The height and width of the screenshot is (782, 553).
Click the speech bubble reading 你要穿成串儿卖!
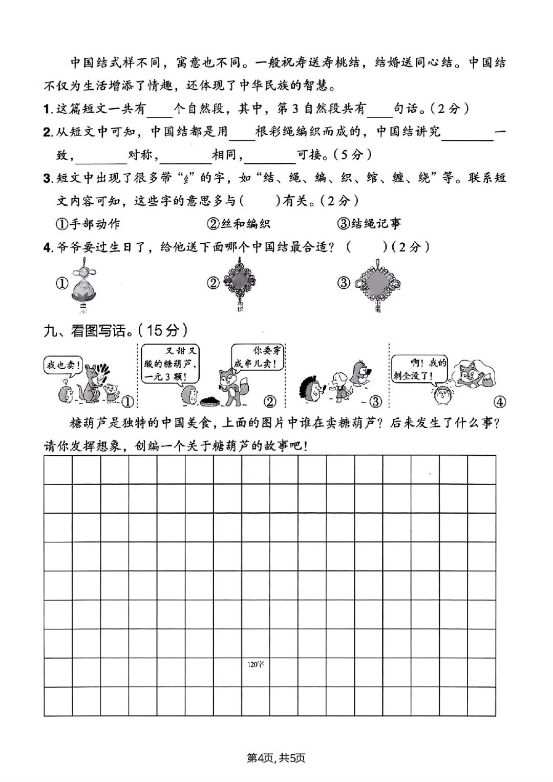[x=258, y=357]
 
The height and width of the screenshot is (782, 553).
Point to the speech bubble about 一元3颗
[x=169, y=363]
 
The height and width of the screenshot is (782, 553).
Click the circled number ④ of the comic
[x=499, y=401]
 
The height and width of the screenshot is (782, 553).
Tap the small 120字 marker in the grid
[x=256, y=664]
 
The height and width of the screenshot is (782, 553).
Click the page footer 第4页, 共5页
[x=276, y=757]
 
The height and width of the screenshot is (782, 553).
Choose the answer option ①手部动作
[x=88, y=224]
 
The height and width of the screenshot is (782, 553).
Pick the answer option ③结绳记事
[x=369, y=224]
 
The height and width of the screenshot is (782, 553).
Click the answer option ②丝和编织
[x=239, y=224]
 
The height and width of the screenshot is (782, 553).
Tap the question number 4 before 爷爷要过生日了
[x=48, y=247]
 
